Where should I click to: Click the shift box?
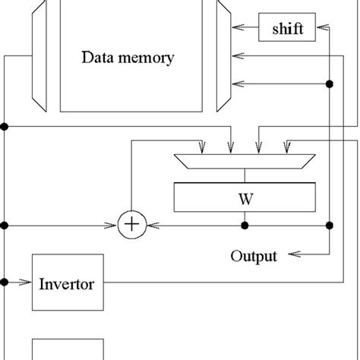[285, 29]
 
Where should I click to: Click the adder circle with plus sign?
[131, 226]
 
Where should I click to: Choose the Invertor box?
[67, 285]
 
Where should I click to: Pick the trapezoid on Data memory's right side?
[222, 53]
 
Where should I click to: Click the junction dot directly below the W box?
[244, 226]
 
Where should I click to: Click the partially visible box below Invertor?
[67, 350]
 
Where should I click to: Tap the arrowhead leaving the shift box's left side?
[238, 29]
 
